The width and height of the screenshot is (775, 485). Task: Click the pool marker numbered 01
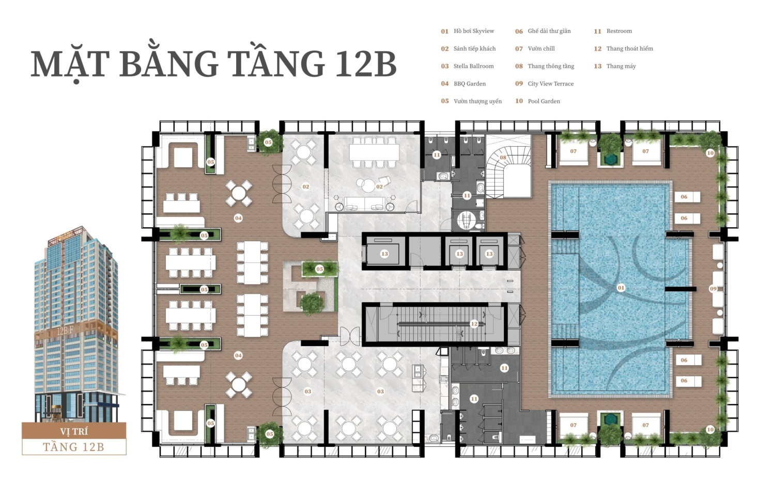[x=621, y=288]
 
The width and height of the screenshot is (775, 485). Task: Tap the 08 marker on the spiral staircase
[x=503, y=158]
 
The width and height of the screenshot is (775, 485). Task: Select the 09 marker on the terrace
[x=713, y=289]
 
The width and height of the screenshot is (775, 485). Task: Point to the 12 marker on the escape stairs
[x=474, y=324]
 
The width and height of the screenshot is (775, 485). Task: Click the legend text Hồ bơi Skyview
[x=474, y=31]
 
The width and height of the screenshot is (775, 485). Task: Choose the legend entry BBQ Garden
[x=470, y=84]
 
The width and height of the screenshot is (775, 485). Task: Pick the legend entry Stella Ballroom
[x=474, y=66]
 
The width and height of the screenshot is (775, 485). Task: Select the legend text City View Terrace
[x=550, y=84]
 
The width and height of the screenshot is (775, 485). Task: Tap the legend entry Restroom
[x=619, y=31]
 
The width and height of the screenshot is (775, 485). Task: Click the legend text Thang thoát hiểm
[x=630, y=49]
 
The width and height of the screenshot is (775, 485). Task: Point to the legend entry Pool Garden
[x=544, y=101]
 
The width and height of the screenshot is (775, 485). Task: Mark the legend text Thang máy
[x=621, y=66]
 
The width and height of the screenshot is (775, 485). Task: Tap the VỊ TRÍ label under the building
[x=74, y=431]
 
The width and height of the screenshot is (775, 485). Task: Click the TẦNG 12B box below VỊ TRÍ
[x=74, y=447]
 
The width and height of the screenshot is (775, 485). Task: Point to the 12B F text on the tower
[x=65, y=331]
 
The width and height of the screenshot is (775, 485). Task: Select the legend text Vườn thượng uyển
[x=477, y=101]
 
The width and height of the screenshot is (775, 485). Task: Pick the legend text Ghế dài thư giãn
[x=549, y=31]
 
